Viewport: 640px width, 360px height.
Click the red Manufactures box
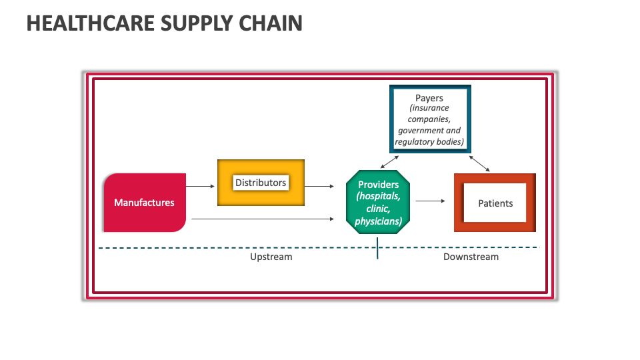click(x=145, y=203)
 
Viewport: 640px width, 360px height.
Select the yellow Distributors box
click(x=261, y=183)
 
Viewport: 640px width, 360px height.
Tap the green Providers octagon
click(x=378, y=202)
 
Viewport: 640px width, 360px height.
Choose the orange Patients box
click(x=495, y=203)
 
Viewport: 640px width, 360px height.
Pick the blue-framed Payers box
click(x=430, y=119)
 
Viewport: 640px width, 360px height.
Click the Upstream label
click(x=271, y=257)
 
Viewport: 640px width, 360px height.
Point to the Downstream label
click(x=471, y=257)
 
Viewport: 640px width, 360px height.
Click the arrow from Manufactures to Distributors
click(x=201, y=186)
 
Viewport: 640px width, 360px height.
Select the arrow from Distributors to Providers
click(x=320, y=187)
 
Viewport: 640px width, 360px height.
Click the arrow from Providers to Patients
click(x=430, y=200)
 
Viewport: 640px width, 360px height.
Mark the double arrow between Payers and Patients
click(x=479, y=164)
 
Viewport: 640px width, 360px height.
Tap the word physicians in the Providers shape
click(x=378, y=221)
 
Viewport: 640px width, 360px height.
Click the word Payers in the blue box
click(x=429, y=98)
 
